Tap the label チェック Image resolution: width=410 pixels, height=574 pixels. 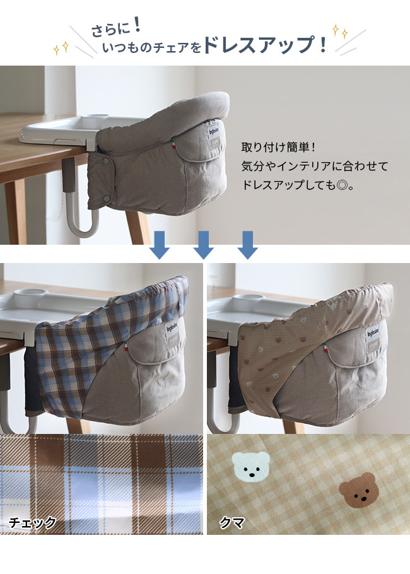[33, 522]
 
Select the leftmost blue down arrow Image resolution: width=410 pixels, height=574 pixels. [160, 245]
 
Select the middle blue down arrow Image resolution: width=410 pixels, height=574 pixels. [203, 245]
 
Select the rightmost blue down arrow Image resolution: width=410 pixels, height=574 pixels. [247, 245]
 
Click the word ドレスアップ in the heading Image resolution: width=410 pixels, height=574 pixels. [258, 45]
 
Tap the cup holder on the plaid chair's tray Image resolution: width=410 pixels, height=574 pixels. [30, 293]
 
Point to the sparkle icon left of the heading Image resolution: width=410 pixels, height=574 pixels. [62, 47]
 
